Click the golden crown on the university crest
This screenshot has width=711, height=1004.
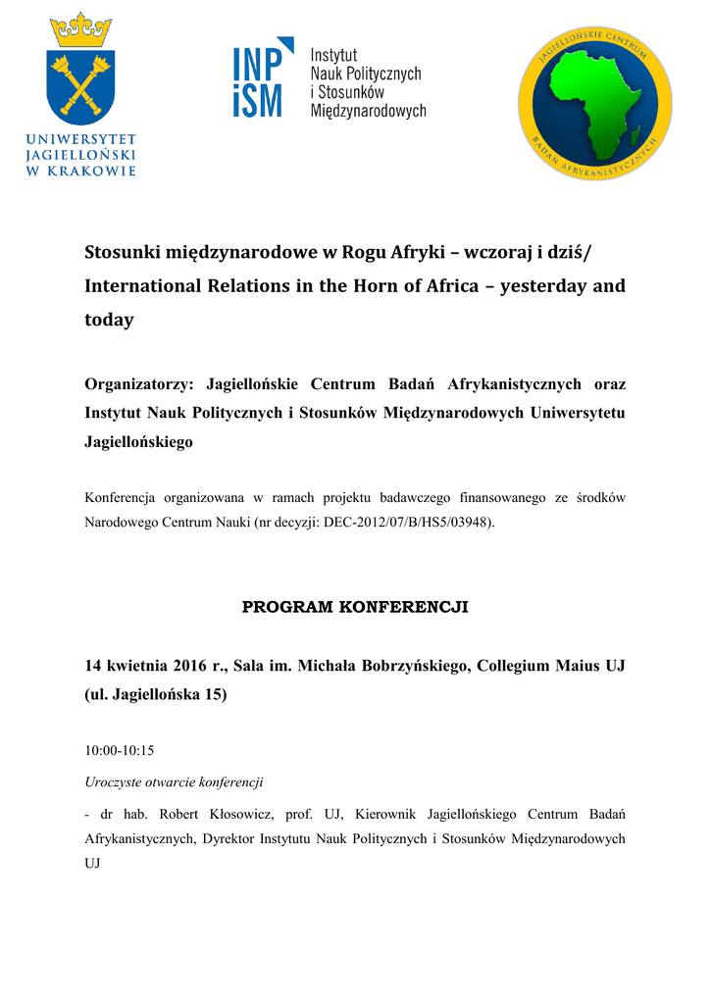tap(81, 31)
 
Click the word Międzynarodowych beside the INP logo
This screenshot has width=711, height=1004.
tap(368, 111)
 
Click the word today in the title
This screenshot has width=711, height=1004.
tap(109, 321)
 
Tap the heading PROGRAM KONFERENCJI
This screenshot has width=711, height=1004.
tap(355, 607)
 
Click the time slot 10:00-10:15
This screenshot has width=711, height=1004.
tap(120, 751)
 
